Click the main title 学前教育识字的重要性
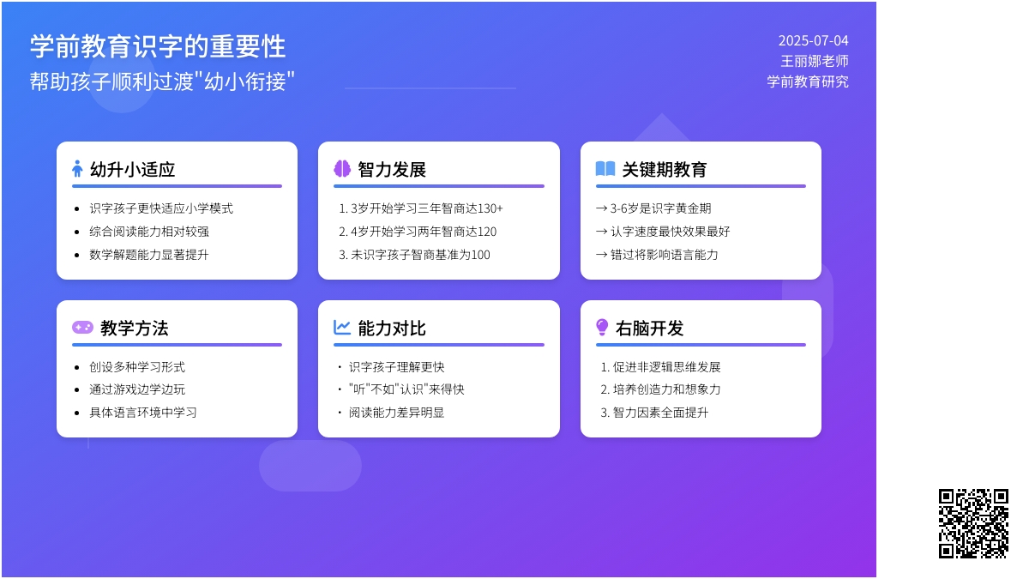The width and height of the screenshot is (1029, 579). pos(158,46)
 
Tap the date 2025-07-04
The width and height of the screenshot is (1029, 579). pos(813,41)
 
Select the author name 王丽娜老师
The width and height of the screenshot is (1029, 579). pos(815,61)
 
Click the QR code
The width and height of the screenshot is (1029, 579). pos(973,523)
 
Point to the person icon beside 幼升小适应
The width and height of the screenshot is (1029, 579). pos(77,169)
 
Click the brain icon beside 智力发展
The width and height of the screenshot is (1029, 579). pos(342,169)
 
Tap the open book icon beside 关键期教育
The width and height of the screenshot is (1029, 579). pos(605,169)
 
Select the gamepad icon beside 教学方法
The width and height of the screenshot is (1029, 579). pos(82,327)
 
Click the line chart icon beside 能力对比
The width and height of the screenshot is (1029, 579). pos(342,328)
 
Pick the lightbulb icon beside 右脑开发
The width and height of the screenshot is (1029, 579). pos(602,328)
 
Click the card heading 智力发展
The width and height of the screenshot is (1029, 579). pos(392,170)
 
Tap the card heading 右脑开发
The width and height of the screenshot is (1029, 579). pos(650,329)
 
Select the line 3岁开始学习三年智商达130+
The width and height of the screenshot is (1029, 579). pos(421,208)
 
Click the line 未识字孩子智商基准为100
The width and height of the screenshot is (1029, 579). pos(414,255)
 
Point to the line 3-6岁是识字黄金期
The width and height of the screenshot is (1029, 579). pos(653,208)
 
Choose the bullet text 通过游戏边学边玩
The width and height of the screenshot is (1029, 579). pos(137,389)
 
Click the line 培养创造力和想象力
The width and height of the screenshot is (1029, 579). pos(660,389)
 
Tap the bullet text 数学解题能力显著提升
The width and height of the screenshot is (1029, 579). pos(149,255)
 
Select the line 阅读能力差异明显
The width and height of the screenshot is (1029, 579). pos(396,413)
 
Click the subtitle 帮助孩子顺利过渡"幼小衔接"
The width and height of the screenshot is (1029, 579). pos(162,81)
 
